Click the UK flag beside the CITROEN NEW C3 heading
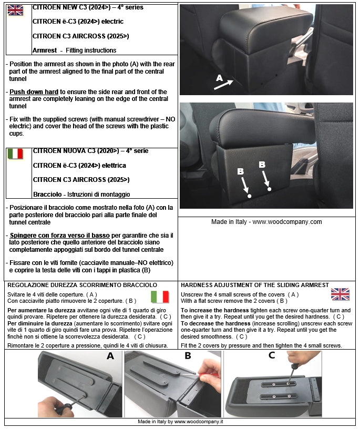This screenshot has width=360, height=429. (15, 11)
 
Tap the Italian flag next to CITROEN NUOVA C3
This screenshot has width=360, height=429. (15, 154)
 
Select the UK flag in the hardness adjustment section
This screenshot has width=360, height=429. (340, 294)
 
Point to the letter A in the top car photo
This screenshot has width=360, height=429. (220, 78)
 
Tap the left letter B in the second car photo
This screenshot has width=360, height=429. (240, 171)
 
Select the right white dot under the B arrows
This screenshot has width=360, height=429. (269, 189)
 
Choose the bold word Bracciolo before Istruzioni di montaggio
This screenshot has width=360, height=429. (46, 195)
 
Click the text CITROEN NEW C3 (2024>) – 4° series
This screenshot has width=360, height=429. (87, 8)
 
